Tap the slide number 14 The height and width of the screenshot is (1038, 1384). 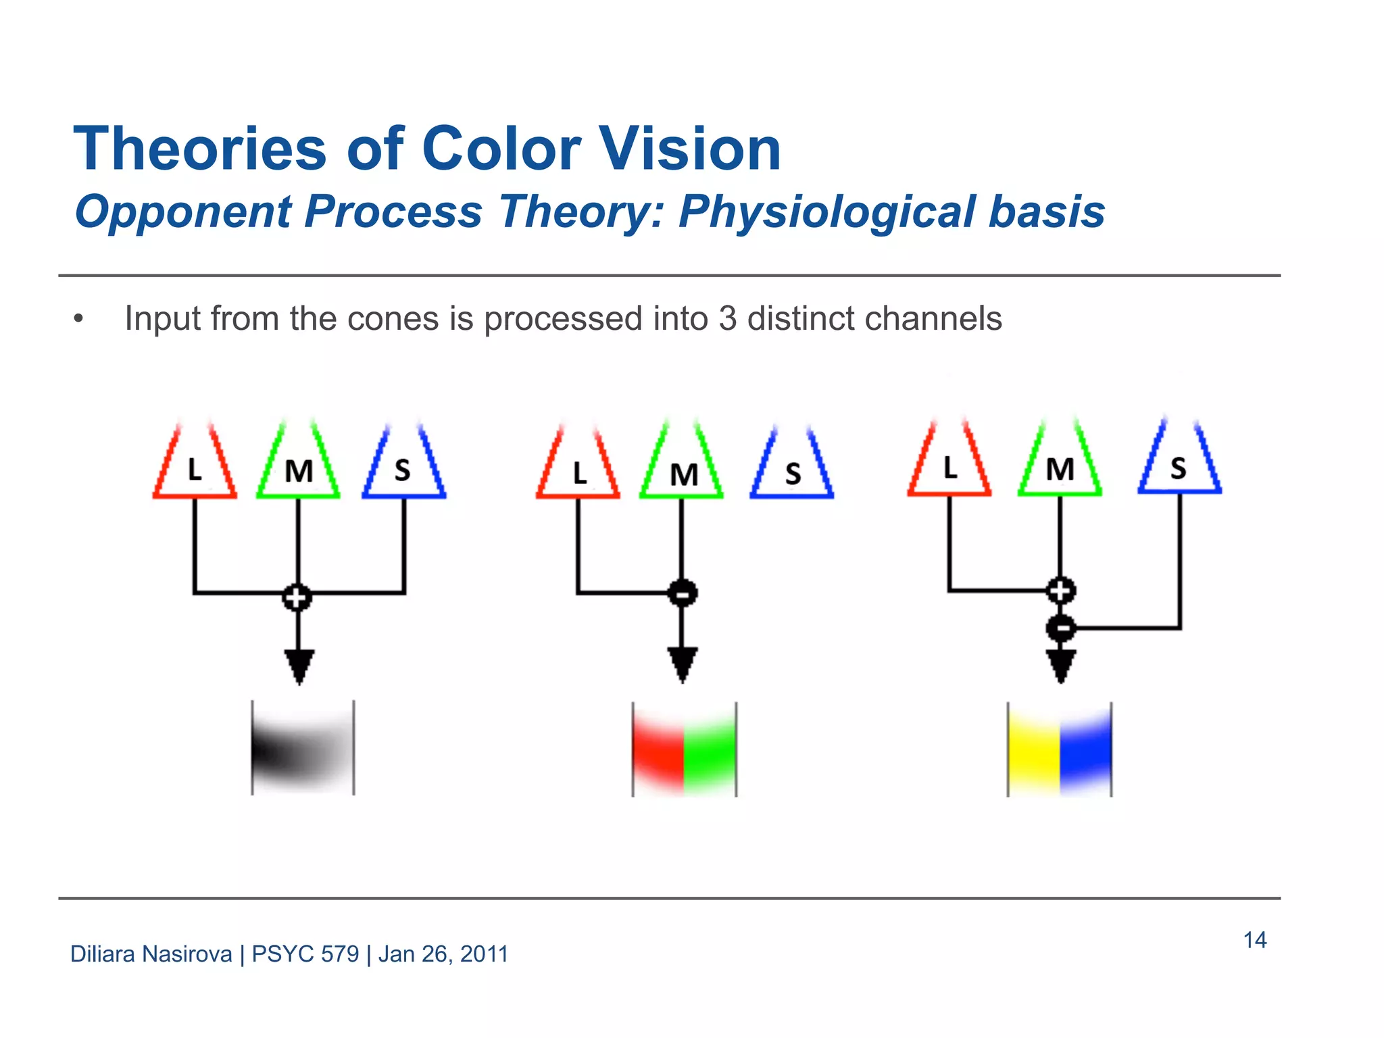1254,940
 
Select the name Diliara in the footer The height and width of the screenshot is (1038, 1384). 102,954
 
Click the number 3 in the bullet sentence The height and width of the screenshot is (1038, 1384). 727,318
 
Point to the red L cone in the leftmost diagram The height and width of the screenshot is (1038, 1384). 195,466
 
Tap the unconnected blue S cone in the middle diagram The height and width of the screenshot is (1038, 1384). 792,470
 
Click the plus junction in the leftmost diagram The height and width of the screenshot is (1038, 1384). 297,597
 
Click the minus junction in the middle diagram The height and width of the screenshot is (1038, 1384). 683,593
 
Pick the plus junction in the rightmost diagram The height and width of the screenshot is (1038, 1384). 1061,591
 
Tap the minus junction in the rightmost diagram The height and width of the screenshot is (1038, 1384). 1061,628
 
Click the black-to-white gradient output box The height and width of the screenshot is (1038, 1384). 303,748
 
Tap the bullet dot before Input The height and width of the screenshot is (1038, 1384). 78,319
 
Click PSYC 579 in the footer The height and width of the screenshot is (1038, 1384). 305,954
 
